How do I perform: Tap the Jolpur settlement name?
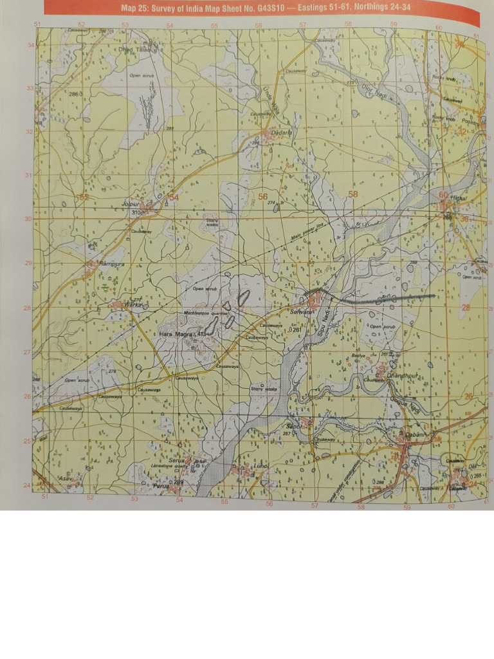pyautogui.click(x=131, y=205)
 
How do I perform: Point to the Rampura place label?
pyautogui.click(x=111, y=265)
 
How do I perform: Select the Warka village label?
pyautogui.click(x=132, y=304)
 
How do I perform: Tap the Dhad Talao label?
pyautogui.click(x=133, y=48)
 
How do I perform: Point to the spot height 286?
pyautogui.click(x=73, y=95)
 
